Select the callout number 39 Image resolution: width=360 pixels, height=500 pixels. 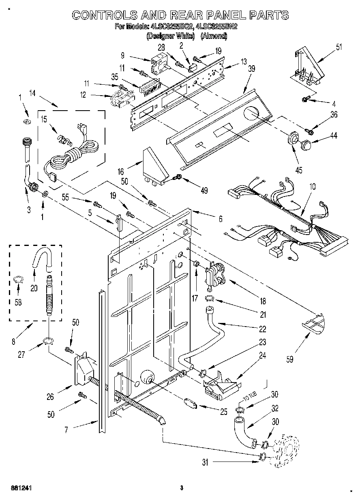pos(251,69)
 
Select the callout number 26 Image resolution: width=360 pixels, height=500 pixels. pos(50,397)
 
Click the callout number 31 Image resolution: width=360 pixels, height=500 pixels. pos(205,462)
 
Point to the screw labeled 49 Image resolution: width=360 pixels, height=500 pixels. pos(177,177)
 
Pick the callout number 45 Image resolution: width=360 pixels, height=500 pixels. pos(299,170)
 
